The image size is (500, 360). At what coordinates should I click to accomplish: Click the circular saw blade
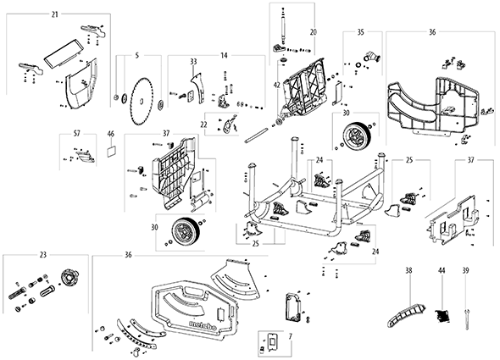pyautogui.click(x=142, y=102)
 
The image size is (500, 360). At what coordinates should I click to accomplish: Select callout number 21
pyautogui.click(x=55, y=14)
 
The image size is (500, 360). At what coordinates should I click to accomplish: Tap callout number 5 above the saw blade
pyautogui.click(x=137, y=56)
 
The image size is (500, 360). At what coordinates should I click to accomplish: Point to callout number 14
pyautogui.click(x=225, y=56)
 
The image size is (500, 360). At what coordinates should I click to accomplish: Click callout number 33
pyautogui.click(x=194, y=61)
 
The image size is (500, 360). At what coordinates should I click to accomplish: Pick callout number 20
pyautogui.click(x=314, y=32)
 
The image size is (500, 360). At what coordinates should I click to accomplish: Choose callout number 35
pyautogui.click(x=360, y=32)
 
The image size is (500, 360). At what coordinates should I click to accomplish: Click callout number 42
pyautogui.click(x=277, y=86)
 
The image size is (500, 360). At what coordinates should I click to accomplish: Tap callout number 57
pyautogui.click(x=77, y=134)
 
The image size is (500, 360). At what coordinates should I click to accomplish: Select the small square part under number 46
pyautogui.click(x=111, y=151)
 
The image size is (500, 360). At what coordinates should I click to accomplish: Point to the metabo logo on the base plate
pyautogui.click(x=203, y=325)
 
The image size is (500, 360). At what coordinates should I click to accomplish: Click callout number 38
pyautogui.click(x=408, y=271)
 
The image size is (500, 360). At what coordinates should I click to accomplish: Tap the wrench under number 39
pyautogui.click(x=467, y=319)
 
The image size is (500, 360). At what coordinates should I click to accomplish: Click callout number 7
pyautogui.click(x=290, y=336)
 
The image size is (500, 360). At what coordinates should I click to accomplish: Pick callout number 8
pyautogui.click(x=308, y=320)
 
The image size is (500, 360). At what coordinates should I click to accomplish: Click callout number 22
pyautogui.click(x=203, y=125)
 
